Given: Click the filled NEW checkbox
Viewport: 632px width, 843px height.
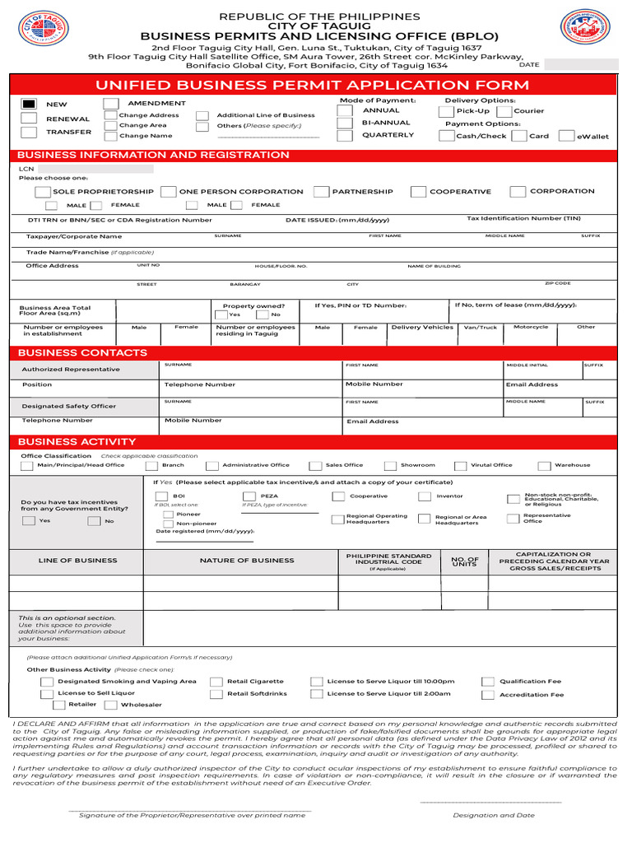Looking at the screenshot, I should pyautogui.click(x=29, y=104).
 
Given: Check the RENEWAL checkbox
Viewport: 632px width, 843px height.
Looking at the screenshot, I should pyautogui.click(x=29, y=118).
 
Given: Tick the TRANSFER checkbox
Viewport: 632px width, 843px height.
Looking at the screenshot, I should pyautogui.click(x=29, y=132).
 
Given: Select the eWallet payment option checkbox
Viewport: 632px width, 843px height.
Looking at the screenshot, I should pyautogui.click(x=566, y=136).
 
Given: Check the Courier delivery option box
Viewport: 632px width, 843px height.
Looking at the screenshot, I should pyautogui.click(x=504, y=110).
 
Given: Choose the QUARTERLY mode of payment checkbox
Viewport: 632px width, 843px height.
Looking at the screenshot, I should pyautogui.click(x=345, y=136).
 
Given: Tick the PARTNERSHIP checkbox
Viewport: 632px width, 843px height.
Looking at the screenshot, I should pyautogui.click(x=322, y=192).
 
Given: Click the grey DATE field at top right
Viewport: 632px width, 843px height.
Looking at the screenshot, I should pyautogui.click(x=580, y=64).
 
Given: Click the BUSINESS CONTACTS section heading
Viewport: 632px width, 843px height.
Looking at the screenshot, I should pyautogui.click(x=82, y=352).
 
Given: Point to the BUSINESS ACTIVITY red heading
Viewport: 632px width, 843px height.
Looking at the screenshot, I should pyautogui.click(x=77, y=441).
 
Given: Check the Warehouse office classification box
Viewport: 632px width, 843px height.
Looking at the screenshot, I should pyautogui.click(x=544, y=465).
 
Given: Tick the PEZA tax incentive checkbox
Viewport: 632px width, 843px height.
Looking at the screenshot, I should pyautogui.click(x=249, y=496).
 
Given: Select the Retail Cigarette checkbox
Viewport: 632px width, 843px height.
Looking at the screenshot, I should pyautogui.click(x=216, y=682).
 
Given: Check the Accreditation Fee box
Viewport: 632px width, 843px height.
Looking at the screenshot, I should pyautogui.click(x=488, y=695).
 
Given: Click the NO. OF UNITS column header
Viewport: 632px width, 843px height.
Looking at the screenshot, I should pyautogui.click(x=465, y=561).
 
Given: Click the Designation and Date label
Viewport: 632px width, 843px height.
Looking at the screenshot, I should pyautogui.click(x=493, y=815).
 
